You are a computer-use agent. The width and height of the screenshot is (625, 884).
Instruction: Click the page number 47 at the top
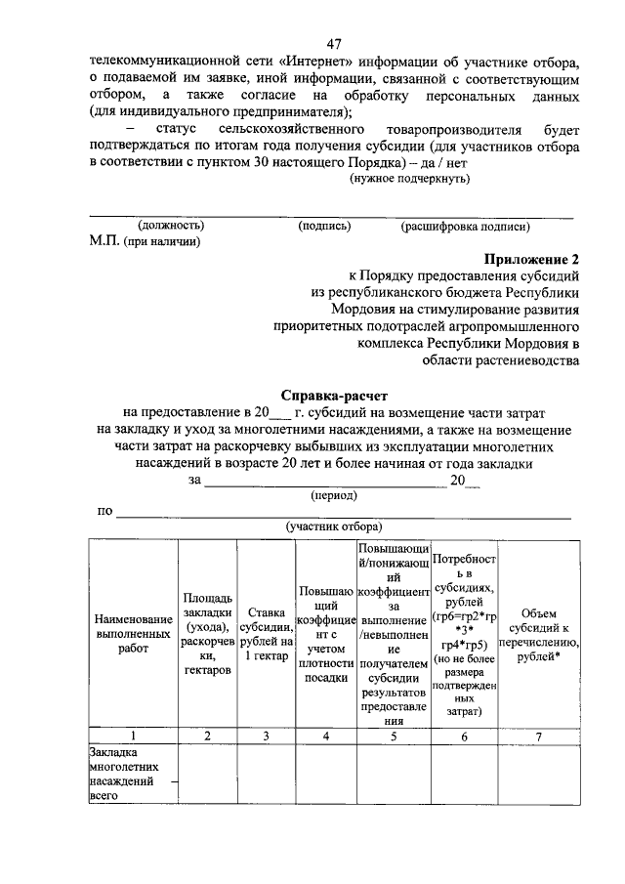click(x=334, y=44)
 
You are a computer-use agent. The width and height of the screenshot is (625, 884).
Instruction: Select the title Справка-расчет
click(x=335, y=396)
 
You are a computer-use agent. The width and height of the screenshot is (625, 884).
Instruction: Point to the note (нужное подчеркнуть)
click(x=410, y=179)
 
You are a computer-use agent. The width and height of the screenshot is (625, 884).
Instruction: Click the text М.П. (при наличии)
click(x=145, y=241)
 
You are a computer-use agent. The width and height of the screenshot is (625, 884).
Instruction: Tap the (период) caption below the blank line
click(x=333, y=495)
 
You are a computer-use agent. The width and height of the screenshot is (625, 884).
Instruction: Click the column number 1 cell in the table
click(x=133, y=737)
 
